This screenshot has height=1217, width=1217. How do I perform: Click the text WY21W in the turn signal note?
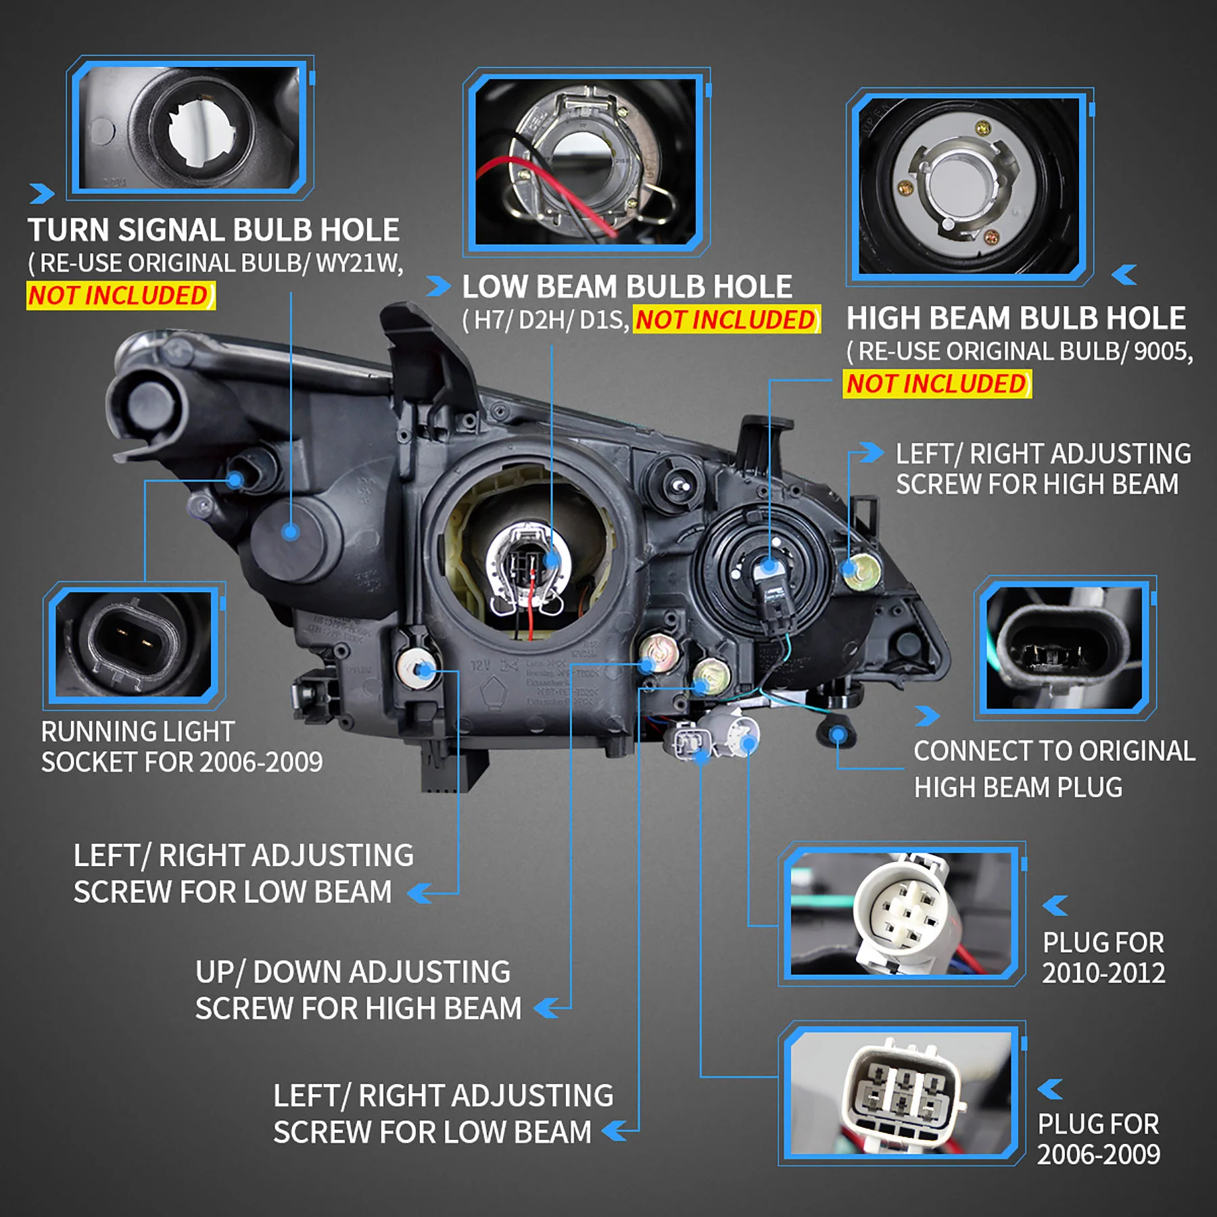(358, 263)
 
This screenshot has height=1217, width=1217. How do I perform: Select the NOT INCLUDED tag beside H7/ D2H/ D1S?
(726, 320)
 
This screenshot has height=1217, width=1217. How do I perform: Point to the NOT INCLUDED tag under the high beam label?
(936, 384)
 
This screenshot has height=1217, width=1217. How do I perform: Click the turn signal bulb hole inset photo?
(190, 127)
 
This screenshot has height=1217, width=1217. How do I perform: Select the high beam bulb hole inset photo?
(969, 187)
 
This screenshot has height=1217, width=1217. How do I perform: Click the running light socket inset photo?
(134, 643)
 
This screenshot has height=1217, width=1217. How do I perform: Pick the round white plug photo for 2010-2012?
(902, 913)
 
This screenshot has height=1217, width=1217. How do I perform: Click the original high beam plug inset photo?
(1064, 648)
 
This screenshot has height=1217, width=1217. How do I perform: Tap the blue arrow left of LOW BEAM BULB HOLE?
(438, 287)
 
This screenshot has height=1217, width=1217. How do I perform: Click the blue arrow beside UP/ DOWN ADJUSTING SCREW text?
(546, 1008)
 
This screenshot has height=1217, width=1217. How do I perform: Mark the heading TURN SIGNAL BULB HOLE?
(213, 231)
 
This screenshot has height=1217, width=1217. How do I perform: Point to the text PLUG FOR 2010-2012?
(1103, 958)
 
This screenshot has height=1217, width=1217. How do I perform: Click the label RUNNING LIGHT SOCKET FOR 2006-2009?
(181, 747)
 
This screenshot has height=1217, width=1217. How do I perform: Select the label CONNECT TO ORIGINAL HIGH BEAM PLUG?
(1053, 769)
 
